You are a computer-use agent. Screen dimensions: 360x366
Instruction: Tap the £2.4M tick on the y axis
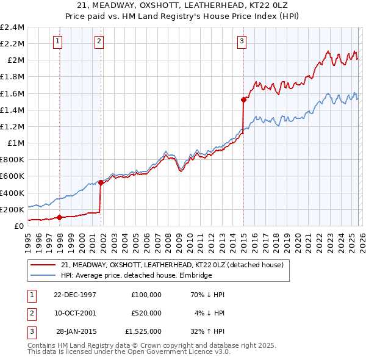[12, 27]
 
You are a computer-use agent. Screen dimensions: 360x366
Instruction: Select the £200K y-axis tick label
[12, 209]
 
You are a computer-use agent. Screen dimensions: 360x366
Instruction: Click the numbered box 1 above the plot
[57, 41]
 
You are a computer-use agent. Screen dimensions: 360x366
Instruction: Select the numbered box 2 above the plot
[99, 41]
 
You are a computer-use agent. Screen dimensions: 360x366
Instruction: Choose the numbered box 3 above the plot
[242, 41]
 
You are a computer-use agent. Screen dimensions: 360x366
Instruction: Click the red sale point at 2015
[243, 99]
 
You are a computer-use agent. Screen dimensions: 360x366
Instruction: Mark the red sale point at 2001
[101, 182]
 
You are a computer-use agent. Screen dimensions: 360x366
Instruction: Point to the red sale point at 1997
[60, 217]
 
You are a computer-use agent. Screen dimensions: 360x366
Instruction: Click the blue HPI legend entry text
[136, 275]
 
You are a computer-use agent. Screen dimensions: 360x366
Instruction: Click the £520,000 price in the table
[146, 312]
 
